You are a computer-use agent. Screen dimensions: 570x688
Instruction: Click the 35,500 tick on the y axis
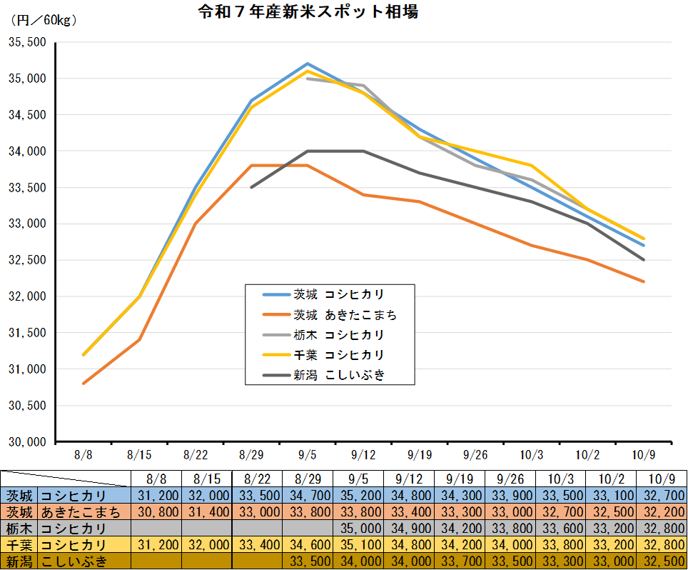click(x=26, y=42)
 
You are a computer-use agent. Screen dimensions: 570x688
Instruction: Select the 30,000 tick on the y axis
click(x=26, y=442)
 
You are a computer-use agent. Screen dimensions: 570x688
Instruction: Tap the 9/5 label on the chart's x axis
click(x=308, y=454)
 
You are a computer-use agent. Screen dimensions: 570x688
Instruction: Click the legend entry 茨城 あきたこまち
click(x=345, y=314)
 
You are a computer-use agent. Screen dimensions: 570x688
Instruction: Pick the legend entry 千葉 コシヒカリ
click(x=339, y=355)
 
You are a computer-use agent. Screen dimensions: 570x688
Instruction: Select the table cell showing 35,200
click(x=359, y=496)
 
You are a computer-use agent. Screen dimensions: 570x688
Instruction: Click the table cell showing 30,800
click(x=156, y=512)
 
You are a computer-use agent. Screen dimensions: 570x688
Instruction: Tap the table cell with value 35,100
click(x=359, y=545)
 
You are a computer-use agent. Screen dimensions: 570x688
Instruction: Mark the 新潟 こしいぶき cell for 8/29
click(x=308, y=561)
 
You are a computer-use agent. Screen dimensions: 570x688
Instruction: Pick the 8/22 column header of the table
click(x=258, y=479)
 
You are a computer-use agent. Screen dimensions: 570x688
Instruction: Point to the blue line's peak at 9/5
click(x=308, y=64)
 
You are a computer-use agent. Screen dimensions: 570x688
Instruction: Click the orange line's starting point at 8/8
click(x=84, y=384)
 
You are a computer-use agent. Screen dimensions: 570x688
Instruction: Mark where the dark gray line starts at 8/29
click(x=251, y=187)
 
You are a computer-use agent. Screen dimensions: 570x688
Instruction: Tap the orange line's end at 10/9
click(x=644, y=281)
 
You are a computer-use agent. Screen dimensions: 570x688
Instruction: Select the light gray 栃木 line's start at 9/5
click(x=308, y=79)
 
